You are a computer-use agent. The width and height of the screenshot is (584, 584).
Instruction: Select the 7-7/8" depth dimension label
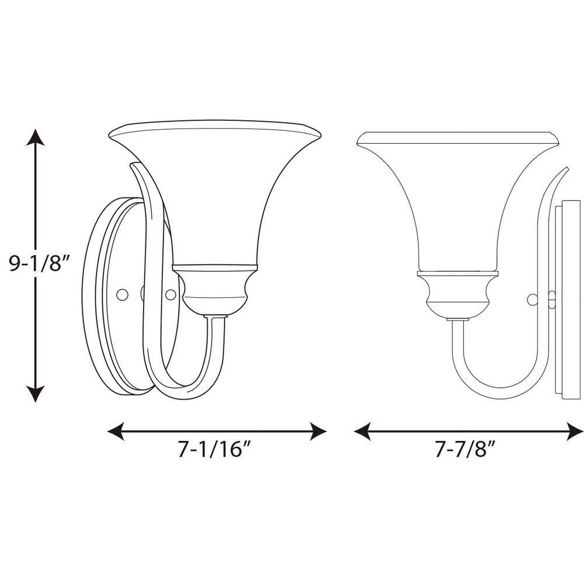[x=466, y=449]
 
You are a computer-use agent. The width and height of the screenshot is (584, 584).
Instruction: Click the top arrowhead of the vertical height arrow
[x=36, y=137]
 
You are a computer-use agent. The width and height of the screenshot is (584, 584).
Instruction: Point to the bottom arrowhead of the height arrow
[x=36, y=394]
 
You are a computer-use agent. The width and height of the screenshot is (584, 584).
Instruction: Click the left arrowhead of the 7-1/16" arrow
[x=116, y=432]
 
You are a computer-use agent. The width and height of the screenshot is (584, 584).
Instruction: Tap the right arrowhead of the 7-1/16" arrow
[x=318, y=432]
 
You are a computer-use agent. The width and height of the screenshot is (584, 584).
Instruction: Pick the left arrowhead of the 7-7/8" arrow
[x=363, y=432]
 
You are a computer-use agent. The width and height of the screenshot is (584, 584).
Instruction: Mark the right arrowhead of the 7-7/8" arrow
[x=575, y=432]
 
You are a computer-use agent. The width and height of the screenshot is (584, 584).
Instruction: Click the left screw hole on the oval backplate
[x=122, y=294]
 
